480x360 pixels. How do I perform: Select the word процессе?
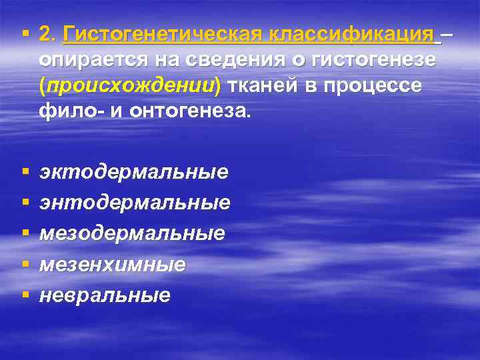tap(377, 87)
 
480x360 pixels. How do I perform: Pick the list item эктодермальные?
tap(133, 172)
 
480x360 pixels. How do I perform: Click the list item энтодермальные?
tap(135, 202)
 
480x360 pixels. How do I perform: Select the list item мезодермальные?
tap(132, 233)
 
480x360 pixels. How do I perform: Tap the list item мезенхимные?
tap(112, 264)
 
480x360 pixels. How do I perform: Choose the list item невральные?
tap(105, 295)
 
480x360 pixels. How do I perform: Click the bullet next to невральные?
tap(25, 294)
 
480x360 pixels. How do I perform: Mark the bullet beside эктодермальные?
tap(25, 171)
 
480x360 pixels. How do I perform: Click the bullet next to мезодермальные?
tap(25, 233)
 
